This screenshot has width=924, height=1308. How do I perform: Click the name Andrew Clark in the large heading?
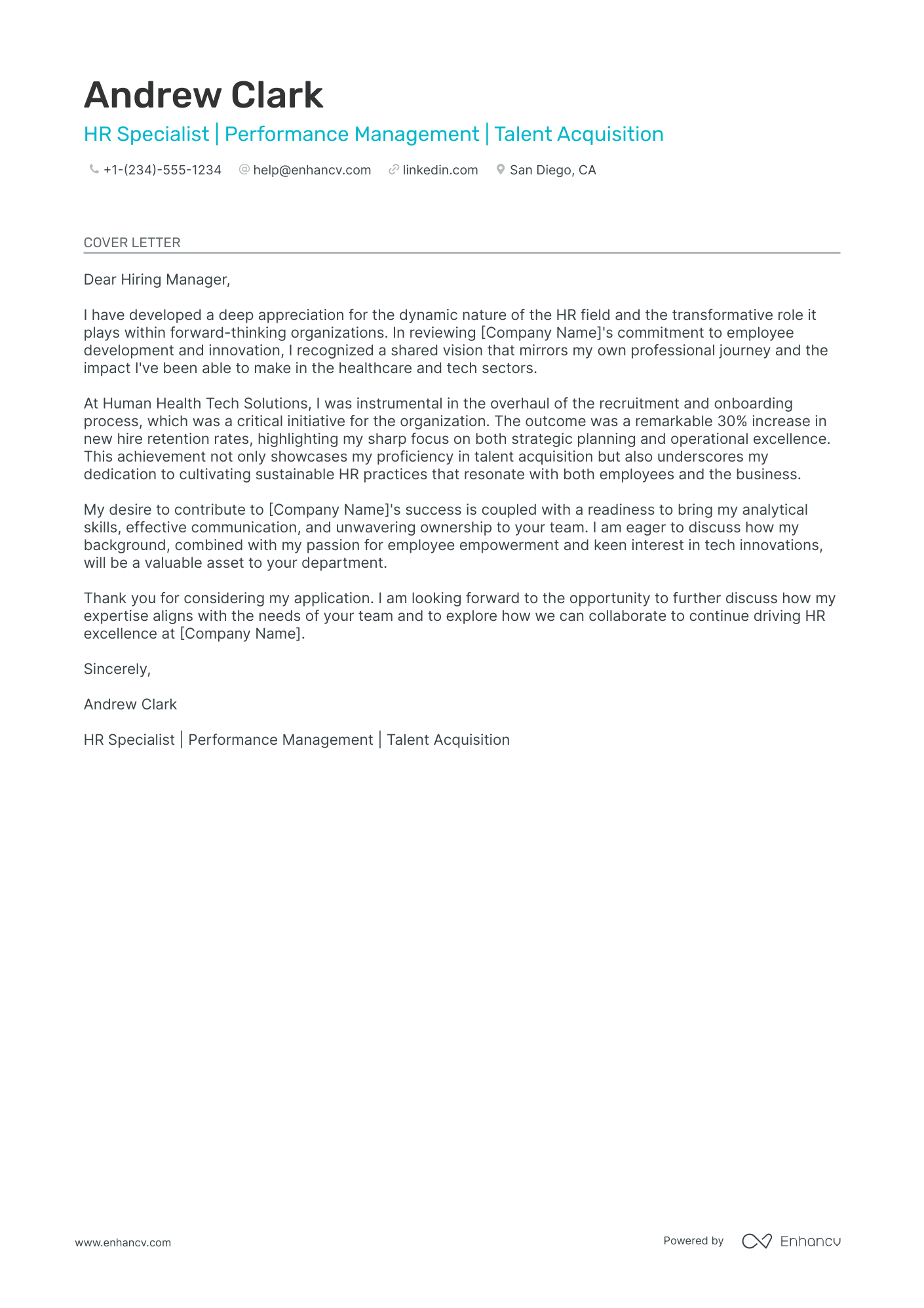point(203,95)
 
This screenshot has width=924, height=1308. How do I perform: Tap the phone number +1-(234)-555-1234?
point(162,170)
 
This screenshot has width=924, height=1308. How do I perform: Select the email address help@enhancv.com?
point(312,170)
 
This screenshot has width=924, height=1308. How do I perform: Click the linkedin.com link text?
point(440,170)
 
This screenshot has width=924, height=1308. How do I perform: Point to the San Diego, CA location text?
point(552,170)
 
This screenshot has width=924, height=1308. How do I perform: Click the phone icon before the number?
point(94,169)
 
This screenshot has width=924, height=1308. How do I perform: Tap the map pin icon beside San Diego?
point(500,169)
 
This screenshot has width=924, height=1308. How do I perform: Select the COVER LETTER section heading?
point(132,243)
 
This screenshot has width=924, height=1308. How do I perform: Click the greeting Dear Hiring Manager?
point(157,279)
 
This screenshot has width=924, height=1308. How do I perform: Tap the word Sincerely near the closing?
point(117,669)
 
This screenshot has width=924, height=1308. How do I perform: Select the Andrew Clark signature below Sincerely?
point(130,704)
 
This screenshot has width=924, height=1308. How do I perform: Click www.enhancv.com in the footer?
point(123,1242)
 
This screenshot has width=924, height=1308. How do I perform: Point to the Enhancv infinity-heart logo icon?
point(756,1241)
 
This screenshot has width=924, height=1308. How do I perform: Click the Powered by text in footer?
point(693,1240)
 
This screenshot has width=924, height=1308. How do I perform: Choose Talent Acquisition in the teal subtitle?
point(579,134)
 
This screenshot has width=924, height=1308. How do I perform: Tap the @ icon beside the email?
point(244,169)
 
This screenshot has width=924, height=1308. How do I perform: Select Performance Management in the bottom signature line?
point(280,740)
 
